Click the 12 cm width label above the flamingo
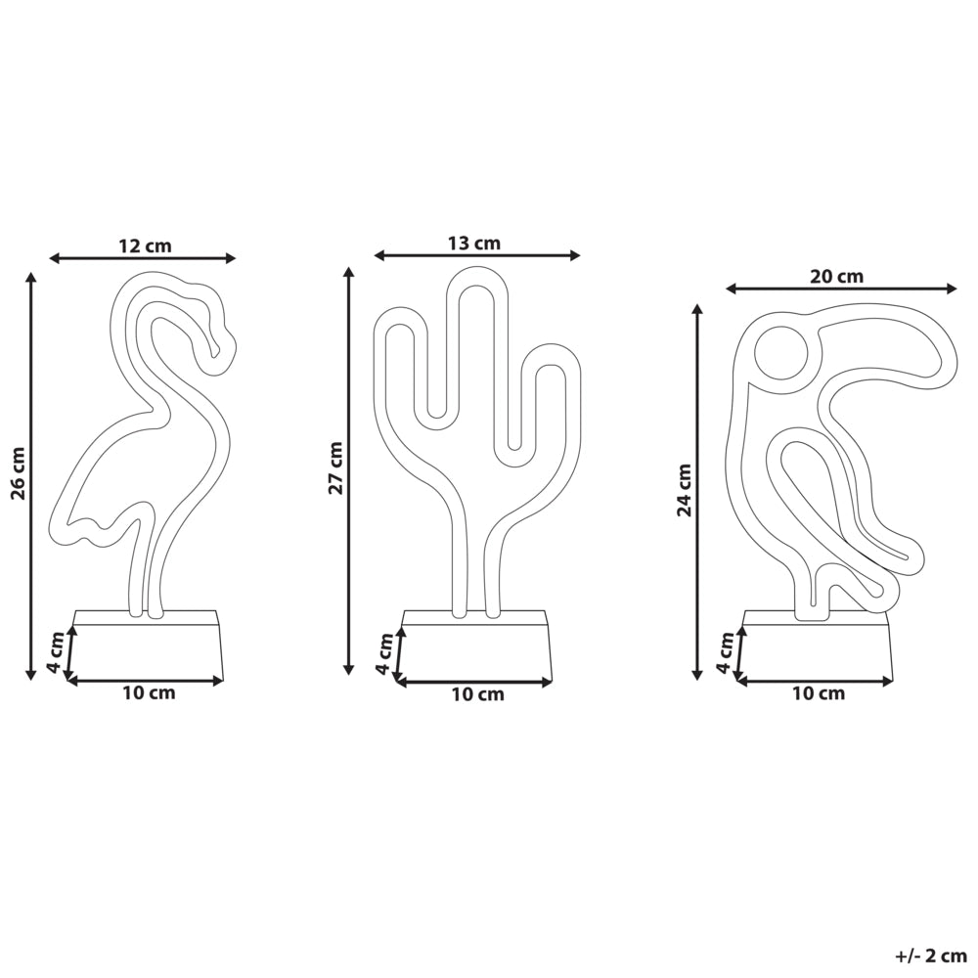[x=145, y=245]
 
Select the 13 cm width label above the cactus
[x=474, y=243]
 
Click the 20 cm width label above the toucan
[x=836, y=276]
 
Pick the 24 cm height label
[x=685, y=490]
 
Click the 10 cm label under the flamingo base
[x=149, y=692]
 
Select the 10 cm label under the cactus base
[x=477, y=693]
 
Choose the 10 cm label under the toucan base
[x=819, y=692]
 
